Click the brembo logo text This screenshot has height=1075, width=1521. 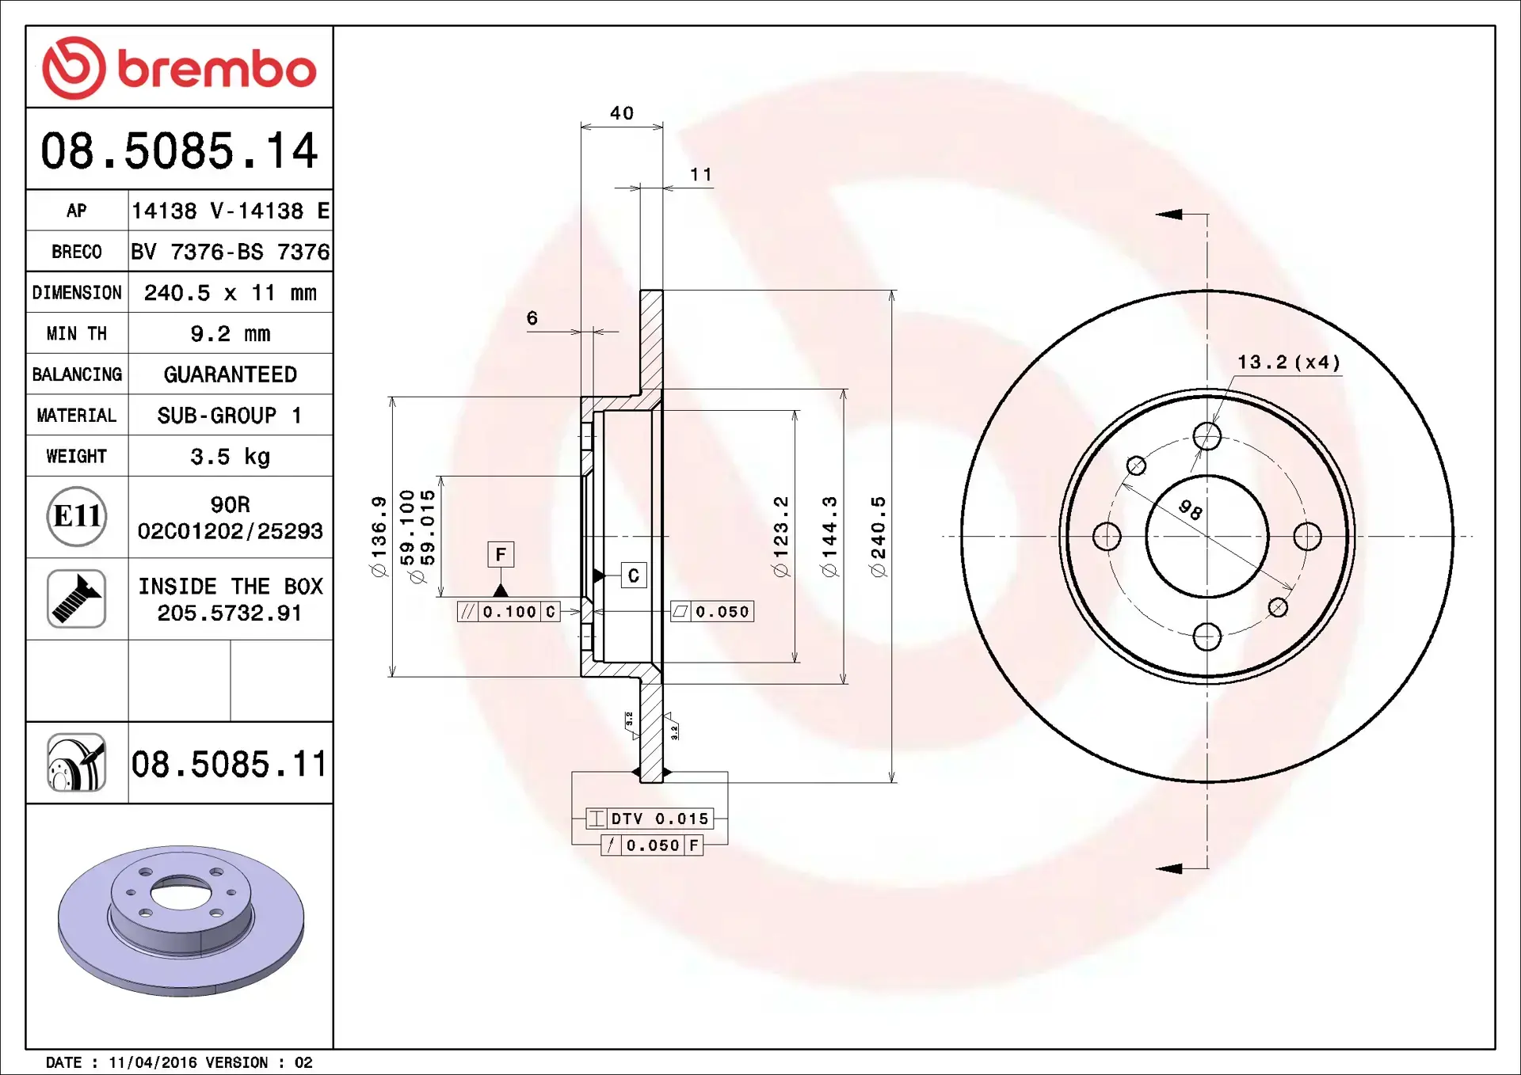click(216, 70)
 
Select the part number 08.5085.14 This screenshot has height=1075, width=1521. click(179, 150)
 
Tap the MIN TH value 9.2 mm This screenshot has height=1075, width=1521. click(230, 334)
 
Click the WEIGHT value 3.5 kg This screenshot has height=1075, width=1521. click(230, 457)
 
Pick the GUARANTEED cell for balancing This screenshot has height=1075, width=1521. click(230, 374)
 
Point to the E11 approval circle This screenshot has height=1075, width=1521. click(77, 517)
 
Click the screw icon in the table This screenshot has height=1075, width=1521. click(77, 598)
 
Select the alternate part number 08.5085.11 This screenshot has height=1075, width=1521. click(229, 765)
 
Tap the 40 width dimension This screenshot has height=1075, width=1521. click(622, 113)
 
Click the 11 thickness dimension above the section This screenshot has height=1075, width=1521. click(701, 174)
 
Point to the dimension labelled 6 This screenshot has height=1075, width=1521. click(532, 318)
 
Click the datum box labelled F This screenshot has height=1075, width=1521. click(501, 554)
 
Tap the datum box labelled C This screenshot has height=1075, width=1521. click(634, 575)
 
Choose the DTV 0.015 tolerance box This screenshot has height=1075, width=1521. click(650, 819)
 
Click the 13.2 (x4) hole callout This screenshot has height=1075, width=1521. click(1288, 363)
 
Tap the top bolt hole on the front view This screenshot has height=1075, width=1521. click(1207, 435)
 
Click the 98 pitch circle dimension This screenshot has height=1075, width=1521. click(1190, 509)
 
